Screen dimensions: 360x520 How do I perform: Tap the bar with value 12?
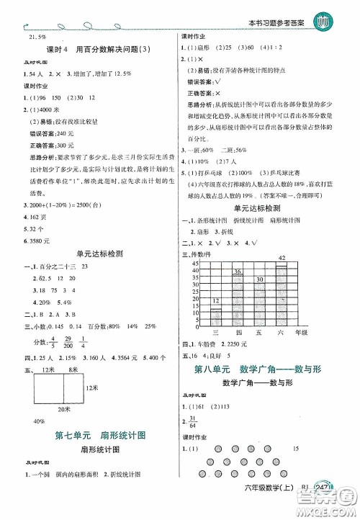coord(215,317)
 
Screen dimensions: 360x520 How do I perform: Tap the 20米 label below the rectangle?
coord(65,410)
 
